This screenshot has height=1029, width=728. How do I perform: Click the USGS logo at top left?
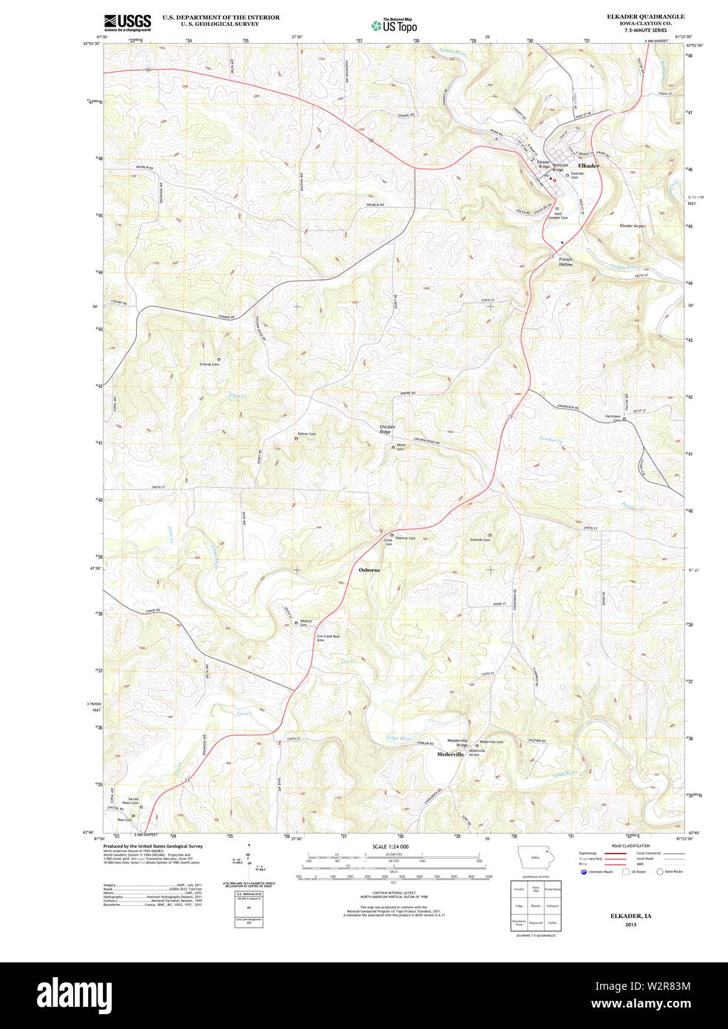(127, 22)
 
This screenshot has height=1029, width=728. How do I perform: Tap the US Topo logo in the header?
(395, 25)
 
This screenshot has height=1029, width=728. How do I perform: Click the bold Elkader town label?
(588, 166)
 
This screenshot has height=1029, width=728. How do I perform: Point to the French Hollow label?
(565, 261)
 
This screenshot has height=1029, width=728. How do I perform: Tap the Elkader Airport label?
(633, 226)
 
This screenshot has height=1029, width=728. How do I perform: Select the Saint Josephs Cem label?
(557, 216)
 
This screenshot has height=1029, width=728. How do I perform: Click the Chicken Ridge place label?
(387, 429)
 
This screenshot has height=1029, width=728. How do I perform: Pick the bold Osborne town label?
(369, 570)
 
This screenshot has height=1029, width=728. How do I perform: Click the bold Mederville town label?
(450, 754)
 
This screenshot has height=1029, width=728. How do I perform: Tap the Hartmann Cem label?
(613, 418)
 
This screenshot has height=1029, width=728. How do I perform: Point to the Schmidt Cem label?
(479, 540)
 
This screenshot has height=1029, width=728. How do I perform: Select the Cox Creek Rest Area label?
(328, 637)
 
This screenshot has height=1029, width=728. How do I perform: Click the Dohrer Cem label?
(307, 434)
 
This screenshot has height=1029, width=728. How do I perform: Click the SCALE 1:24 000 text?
(390, 846)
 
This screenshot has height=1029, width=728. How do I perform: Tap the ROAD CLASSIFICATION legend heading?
(630, 845)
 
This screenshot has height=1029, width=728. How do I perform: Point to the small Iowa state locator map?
(535, 858)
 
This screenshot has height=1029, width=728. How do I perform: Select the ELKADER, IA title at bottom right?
(630, 916)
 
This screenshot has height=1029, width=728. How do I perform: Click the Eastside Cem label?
(579, 175)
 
